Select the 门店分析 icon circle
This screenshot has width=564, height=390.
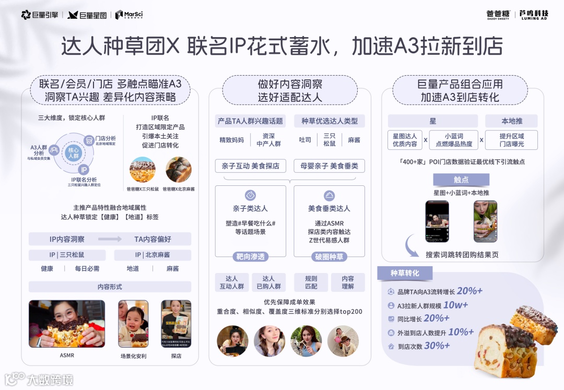(89, 140)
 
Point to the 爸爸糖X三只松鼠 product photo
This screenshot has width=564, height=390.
(143, 169)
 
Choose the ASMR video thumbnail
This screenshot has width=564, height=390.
(67, 324)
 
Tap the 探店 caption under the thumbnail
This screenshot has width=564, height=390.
(176, 356)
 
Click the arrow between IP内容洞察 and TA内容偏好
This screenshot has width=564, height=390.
(110, 239)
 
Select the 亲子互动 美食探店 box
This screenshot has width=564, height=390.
(250, 166)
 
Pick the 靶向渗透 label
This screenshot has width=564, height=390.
(250, 257)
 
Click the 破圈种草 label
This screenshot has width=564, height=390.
(328, 257)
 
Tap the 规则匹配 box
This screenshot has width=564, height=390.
(311, 282)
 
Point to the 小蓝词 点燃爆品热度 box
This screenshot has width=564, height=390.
(453, 140)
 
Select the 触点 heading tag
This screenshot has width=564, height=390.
(461, 180)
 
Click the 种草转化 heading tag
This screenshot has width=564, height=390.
(405, 273)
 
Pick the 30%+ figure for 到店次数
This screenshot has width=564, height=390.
(437, 346)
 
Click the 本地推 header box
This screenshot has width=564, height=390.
(512, 121)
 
